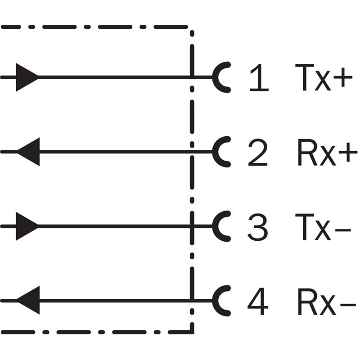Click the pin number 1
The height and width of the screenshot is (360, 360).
(x=260, y=77)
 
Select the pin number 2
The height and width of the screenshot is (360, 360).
(x=258, y=152)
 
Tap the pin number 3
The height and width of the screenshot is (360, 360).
(x=257, y=227)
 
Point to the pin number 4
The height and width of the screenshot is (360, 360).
(x=258, y=301)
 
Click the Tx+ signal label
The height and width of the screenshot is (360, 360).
(x=324, y=77)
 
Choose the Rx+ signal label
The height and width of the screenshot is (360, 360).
(x=328, y=152)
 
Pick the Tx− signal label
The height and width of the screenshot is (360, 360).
(x=323, y=227)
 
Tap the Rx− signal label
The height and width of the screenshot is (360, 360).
(x=327, y=301)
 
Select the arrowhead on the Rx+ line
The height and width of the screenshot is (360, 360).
(x=28, y=152)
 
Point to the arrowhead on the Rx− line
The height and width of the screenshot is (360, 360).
(x=28, y=300)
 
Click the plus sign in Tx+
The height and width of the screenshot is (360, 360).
(x=343, y=77)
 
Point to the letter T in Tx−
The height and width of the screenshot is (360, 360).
(x=305, y=227)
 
